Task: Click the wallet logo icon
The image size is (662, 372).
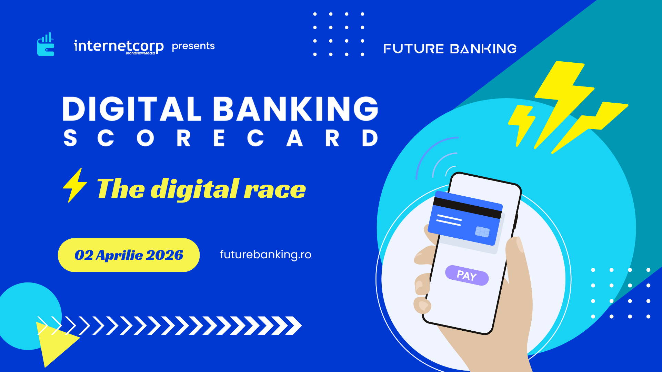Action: (x=46, y=44)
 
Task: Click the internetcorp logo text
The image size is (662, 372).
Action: (x=119, y=47)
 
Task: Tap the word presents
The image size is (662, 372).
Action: (x=193, y=46)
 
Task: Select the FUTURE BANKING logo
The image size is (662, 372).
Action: (x=450, y=49)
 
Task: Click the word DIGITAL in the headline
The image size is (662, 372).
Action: (x=132, y=108)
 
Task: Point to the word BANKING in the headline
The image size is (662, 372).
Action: (x=295, y=108)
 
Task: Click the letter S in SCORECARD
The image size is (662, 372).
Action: (x=70, y=138)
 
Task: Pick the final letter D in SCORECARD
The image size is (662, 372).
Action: (x=370, y=138)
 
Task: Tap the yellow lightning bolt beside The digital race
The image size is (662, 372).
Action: (x=75, y=185)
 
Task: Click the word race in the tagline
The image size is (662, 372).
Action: (x=275, y=189)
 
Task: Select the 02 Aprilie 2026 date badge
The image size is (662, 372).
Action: (x=129, y=255)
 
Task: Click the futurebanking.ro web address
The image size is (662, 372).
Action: (x=265, y=255)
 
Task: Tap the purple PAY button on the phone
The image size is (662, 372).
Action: (x=467, y=275)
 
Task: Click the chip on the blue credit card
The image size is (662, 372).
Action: (x=482, y=232)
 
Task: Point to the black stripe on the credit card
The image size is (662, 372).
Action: (x=467, y=208)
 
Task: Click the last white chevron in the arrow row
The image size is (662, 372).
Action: (x=293, y=325)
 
